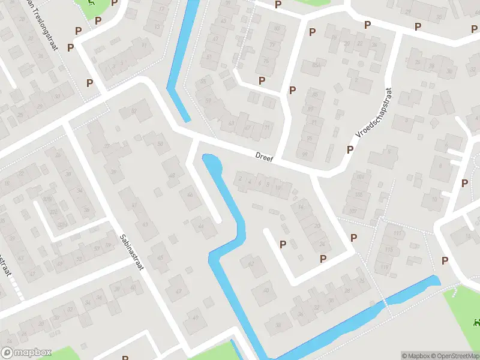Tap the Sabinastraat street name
(131, 252)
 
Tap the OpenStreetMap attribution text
(455, 356)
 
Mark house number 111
(397, 233)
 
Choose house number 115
(389, 250)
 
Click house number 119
(385, 267)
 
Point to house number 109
(352, 211)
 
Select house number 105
(359, 195)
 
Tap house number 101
(361, 177)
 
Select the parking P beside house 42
(283, 244)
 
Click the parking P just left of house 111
(353, 238)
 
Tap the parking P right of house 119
(445, 260)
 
